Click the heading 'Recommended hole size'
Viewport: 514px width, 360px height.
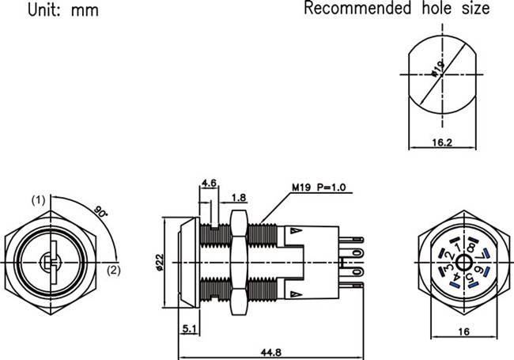[397, 9]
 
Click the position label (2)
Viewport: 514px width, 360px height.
[113, 271]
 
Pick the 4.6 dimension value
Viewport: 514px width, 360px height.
[210, 184]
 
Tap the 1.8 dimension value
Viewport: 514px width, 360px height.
[239, 197]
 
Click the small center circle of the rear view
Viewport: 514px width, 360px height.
[461, 263]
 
